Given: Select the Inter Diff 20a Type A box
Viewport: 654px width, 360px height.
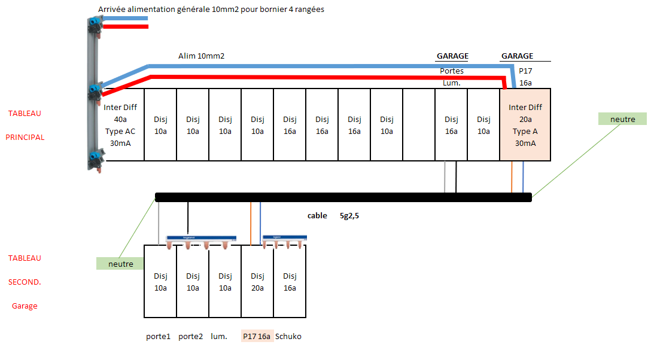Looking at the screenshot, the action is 525,124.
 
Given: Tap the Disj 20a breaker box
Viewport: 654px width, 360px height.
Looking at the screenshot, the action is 257,281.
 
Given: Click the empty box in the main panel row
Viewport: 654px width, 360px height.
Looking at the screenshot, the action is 419,124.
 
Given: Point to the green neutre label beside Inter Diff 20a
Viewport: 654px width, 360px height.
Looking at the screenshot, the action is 622,119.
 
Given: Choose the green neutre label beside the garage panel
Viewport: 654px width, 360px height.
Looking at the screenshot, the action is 120,264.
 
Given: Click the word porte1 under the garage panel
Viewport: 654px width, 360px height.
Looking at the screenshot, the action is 158,336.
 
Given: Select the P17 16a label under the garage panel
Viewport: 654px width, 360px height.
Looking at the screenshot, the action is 257,336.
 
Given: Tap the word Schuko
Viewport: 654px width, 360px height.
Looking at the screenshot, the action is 288,336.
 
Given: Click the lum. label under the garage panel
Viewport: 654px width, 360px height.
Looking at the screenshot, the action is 219,336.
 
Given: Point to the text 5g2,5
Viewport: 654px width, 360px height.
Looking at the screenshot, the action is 349,215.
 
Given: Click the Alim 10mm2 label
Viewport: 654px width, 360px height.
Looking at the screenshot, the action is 202,56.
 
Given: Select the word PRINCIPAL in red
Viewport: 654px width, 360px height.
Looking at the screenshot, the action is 25,137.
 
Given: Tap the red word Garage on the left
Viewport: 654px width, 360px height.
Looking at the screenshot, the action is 25,306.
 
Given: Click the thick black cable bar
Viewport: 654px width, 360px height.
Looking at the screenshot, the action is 343,197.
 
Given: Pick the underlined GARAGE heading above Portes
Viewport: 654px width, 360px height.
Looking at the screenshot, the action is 452,56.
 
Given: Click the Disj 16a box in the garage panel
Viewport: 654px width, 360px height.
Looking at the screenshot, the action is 290,281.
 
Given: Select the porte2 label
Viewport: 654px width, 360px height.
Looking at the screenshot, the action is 191,336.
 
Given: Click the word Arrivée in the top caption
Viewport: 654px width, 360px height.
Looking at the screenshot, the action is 112,9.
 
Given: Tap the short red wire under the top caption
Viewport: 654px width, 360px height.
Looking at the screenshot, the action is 126,27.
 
